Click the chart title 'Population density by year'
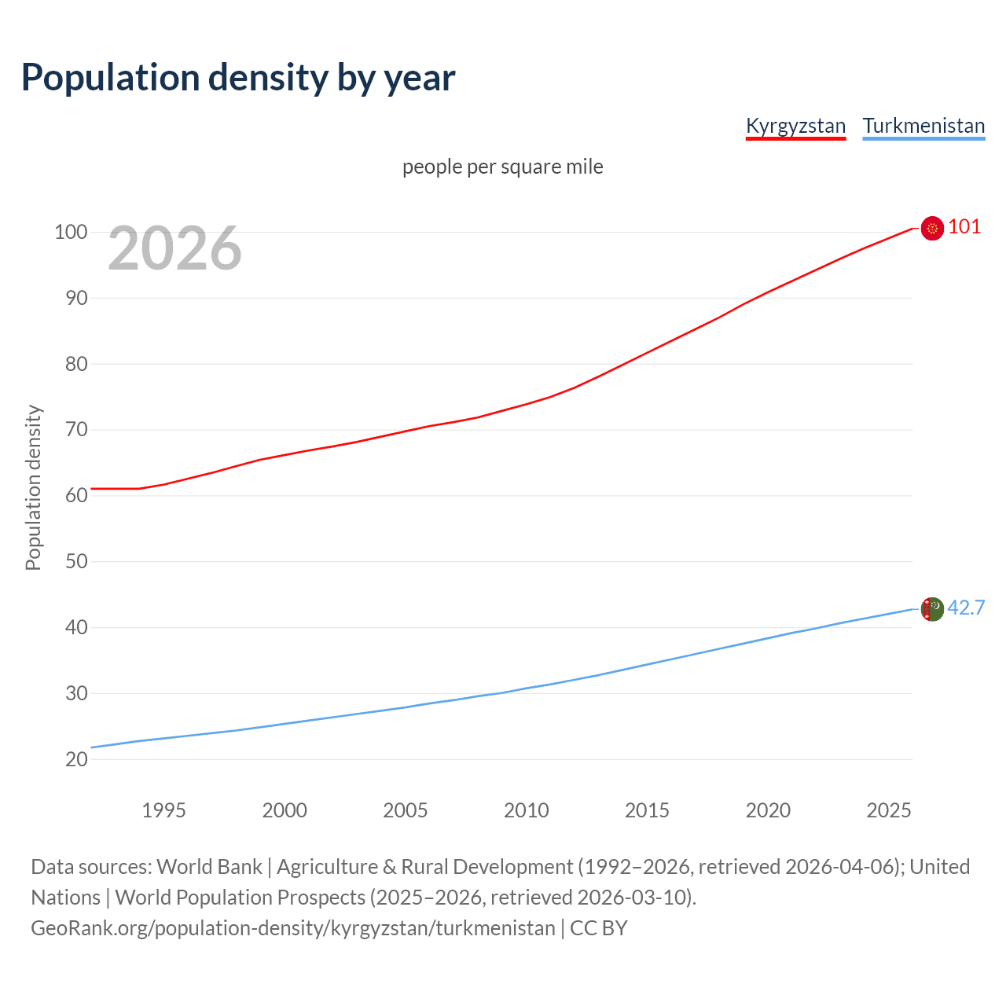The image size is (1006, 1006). click(x=238, y=78)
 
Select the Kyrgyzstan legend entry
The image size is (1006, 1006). click(x=795, y=126)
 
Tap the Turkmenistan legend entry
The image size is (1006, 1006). click(x=923, y=126)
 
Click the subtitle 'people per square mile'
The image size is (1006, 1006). click(x=502, y=167)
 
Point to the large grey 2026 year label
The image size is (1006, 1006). click(x=174, y=248)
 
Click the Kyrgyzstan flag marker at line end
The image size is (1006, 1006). click(x=932, y=228)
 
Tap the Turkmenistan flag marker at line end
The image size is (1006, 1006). click(x=932, y=609)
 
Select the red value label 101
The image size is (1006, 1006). click(x=964, y=227)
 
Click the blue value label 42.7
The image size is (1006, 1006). click(x=966, y=608)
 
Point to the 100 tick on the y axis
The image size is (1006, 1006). click(x=71, y=232)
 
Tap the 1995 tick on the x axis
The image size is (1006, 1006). click(x=163, y=810)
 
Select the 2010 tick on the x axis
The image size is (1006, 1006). click(x=526, y=810)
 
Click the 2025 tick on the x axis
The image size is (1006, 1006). click(x=888, y=810)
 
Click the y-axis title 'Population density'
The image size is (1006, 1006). click(x=33, y=487)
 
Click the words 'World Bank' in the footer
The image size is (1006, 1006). click(x=209, y=867)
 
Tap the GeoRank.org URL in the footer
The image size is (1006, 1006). click(x=292, y=928)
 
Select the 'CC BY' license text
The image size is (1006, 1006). click(x=599, y=928)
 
